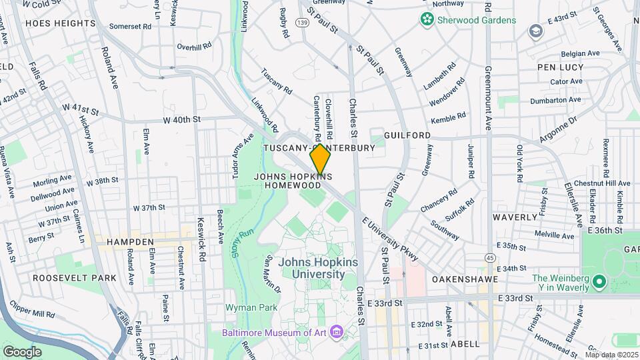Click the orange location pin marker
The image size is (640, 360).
pos(321,159)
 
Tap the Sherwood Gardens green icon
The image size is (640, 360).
pos(427,20)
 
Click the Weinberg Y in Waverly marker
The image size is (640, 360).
pos(599,282)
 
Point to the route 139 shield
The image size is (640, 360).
pos(303,23)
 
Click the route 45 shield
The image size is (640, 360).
pos(490,258)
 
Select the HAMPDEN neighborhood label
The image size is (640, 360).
pos(131,243)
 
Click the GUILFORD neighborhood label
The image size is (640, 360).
pos(407,135)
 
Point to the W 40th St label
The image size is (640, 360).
pos(181,120)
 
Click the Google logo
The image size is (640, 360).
pos(22,351)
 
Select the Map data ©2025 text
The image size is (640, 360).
pos(611,355)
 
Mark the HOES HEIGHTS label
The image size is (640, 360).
pos(60,23)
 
